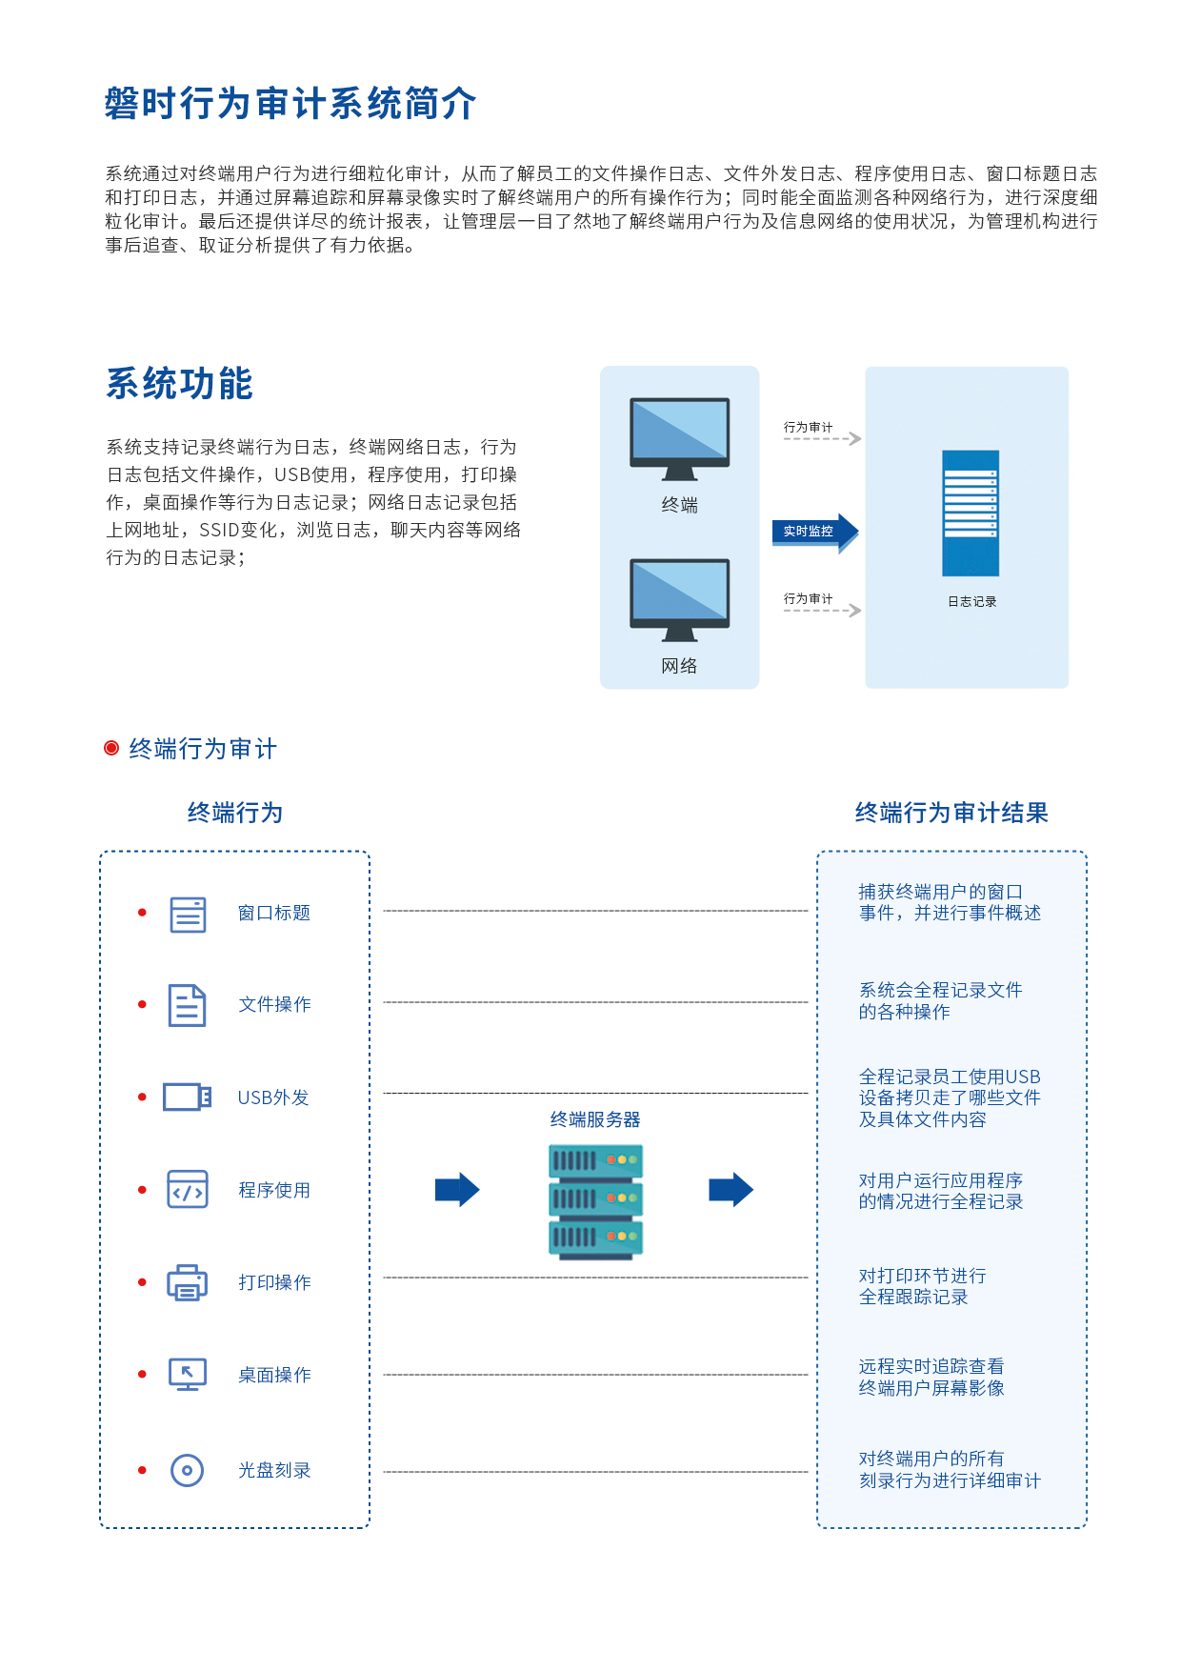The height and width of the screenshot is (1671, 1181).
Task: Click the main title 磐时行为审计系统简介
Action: tap(290, 104)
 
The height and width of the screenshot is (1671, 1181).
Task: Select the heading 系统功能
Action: tap(179, 384)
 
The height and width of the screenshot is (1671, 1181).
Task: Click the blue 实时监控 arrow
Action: tap(814, 532)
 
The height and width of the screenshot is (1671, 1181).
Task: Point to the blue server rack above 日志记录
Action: tap(971, 513)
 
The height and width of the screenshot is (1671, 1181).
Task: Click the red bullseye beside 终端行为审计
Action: tap(111, 749)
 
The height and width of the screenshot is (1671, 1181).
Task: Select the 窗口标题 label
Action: tap(274, 913)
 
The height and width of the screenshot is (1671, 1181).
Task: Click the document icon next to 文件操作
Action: tap(187, 1005)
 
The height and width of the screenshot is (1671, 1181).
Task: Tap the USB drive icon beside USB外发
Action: tap(187, 1097)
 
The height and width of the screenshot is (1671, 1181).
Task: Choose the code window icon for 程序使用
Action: tap(187, 1190)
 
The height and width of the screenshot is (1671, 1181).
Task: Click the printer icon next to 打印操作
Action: tap(187, 1282)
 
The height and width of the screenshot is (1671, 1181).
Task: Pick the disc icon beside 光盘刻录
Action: tap(187, 1470)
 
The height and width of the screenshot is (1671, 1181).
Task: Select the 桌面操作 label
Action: tap(274, 1375)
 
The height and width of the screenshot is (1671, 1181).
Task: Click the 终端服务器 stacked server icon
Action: tap(595, 1201)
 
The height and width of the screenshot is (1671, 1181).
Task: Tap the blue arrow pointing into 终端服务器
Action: tap(457, 1190)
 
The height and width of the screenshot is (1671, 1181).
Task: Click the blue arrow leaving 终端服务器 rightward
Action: tap(731, 1190)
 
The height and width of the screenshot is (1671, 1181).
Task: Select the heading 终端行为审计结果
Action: tap(951, 813)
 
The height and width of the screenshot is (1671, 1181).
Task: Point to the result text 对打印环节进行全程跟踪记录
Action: tap(922, 1286)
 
